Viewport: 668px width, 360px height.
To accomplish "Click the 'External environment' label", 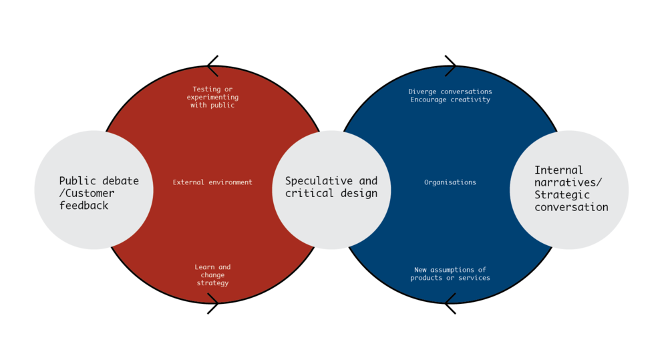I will (x=212, y=182).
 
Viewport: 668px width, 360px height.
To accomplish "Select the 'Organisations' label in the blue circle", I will (x=450, y=182).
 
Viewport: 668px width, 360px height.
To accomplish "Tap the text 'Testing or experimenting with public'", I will (x=212, y=97).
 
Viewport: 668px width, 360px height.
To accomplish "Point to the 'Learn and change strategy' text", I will (x=212, y=275).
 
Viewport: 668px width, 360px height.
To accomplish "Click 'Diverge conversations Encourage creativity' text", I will (x=450, y=96).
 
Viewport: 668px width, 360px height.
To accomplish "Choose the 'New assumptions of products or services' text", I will (x=450, y=274).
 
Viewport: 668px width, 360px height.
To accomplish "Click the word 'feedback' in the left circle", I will (x=83, y=206).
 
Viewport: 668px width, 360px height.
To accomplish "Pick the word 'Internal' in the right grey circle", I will (x=558, y=170).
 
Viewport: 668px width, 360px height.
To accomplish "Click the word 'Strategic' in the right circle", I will (x=562, y=195).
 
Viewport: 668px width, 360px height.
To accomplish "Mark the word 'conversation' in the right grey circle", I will (x=571, y=207).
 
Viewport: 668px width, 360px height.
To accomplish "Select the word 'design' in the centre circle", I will (x=358, y=194).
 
